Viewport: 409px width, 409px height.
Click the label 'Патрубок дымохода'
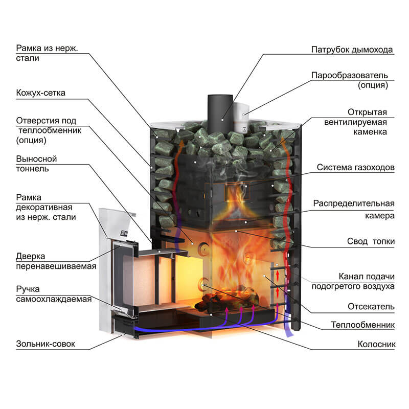(352, 50)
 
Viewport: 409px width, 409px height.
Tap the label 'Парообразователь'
(352, 75)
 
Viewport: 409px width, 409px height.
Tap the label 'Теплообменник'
(363, 325)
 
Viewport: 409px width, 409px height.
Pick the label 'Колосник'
(377, 344)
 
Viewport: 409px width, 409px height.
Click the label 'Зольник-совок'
(46, 344)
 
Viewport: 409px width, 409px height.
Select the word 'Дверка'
(30, 256)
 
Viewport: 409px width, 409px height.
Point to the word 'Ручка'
(29, 289)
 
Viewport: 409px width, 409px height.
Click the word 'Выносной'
(36, 159)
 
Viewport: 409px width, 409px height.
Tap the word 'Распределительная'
(353, 203)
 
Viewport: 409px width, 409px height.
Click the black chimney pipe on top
(221, 110)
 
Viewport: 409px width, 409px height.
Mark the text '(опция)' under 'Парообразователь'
(373, 85)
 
